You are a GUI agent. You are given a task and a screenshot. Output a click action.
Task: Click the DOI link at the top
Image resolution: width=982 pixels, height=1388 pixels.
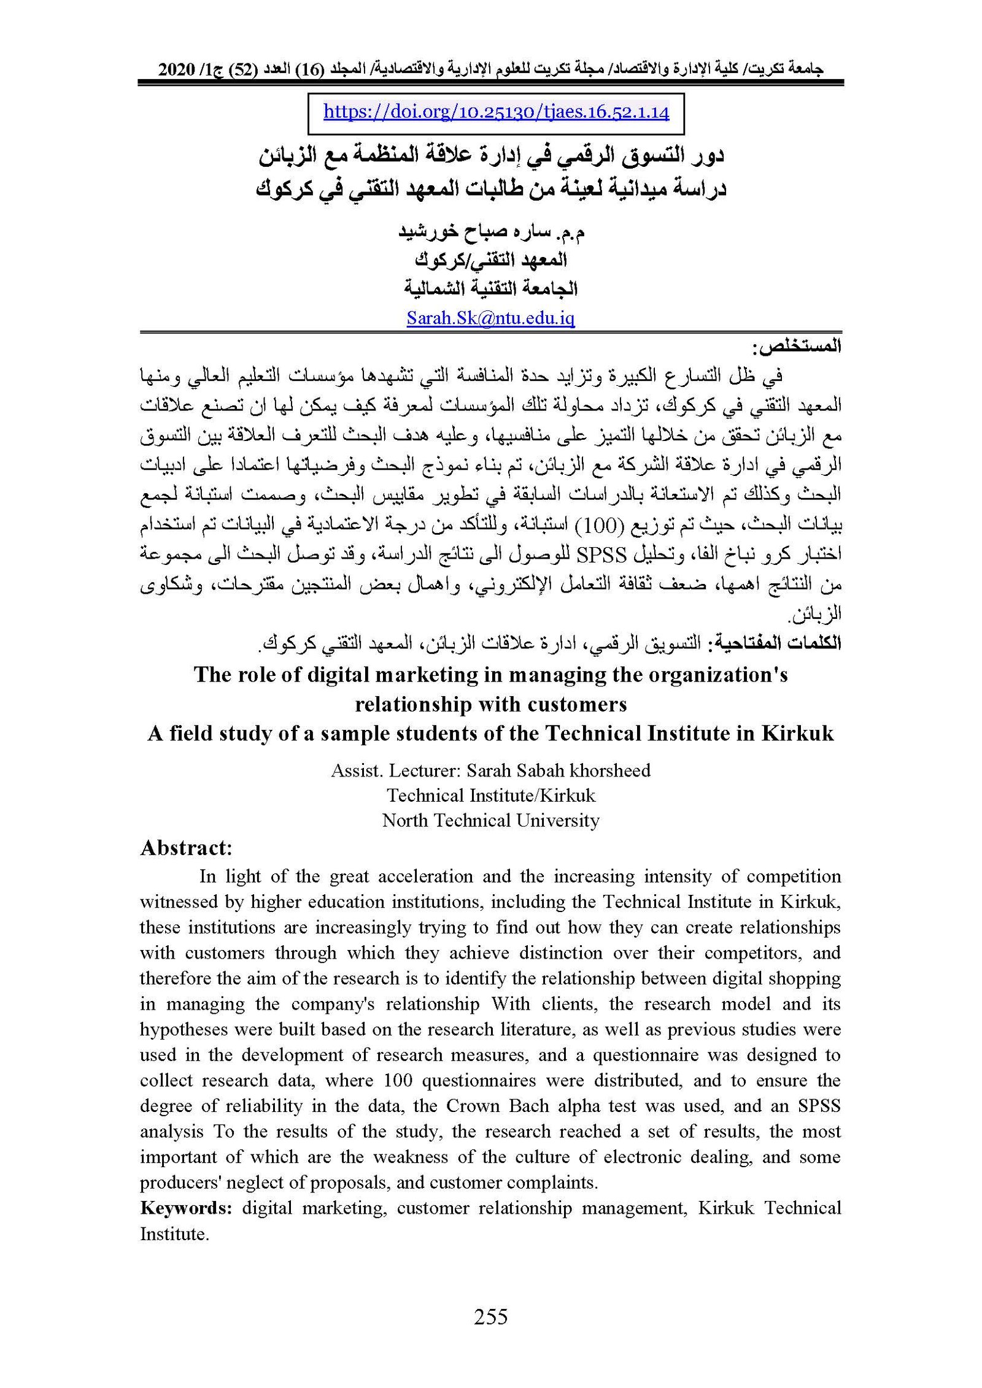(x=496, y=112)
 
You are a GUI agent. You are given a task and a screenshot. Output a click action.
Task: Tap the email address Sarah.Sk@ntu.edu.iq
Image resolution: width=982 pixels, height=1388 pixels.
(x=490, y=318)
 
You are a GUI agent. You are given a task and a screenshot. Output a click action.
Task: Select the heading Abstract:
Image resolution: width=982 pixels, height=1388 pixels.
(x=186, y=848)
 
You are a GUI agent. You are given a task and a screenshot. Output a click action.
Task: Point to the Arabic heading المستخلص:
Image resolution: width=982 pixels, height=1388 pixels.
(x=797, y=347)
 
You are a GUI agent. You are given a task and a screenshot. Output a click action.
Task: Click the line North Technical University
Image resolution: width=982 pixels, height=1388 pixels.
(x=490, y=820)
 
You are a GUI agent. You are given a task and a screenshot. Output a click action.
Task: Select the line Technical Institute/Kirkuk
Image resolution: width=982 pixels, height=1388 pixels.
(x=490, y=795)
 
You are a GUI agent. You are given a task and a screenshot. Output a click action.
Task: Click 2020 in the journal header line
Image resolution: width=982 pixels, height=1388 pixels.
(x=176, y=70)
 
